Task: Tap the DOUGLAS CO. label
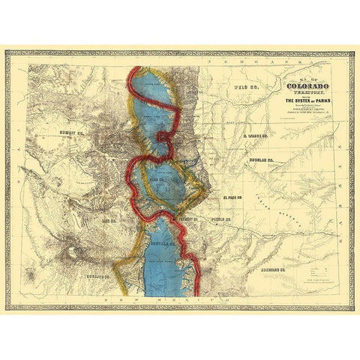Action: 259,161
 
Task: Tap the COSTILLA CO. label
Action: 161,243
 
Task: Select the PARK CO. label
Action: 157,181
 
